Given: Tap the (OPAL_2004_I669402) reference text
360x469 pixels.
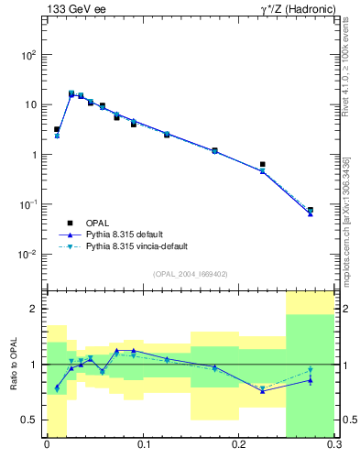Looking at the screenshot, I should tap(190, 274).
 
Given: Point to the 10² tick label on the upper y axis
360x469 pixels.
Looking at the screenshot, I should tap(27, 55).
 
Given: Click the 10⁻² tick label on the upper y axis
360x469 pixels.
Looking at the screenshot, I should tap(27, 255).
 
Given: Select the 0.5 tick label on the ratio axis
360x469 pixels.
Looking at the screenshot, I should tap(30, 420).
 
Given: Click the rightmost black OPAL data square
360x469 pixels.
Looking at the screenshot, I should tap(311, 210).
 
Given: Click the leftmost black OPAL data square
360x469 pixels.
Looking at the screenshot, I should tap(57, 129).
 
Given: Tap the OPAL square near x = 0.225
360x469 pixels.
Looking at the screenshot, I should tap(263, 165).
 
